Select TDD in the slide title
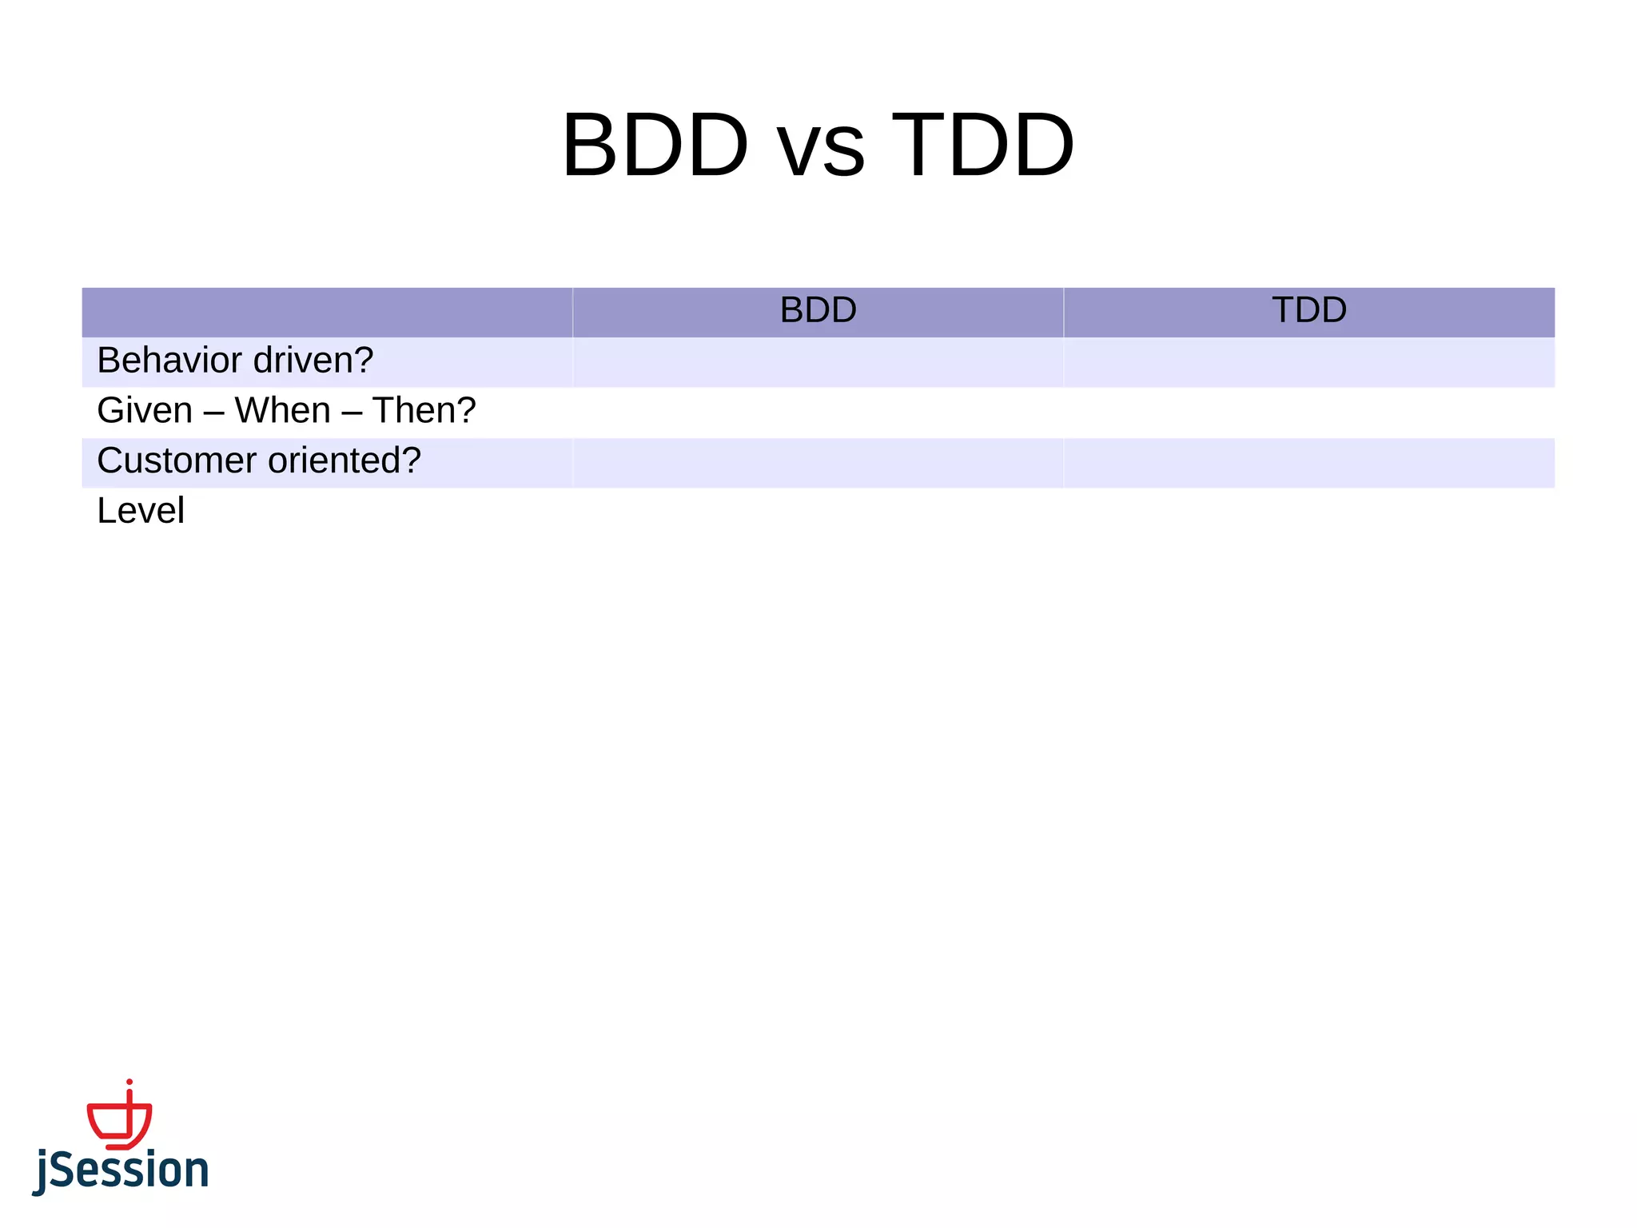click(982, 146)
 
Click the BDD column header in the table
click(818, 310)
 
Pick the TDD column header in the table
click(1308, 310)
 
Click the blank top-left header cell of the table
click(327, 312)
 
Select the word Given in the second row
click(145, 411)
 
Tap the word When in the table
click(282, 411)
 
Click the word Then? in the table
click(424, 411)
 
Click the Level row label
click(141, 512)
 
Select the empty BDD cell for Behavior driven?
click(818, 362)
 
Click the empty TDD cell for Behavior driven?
click(1308, 362)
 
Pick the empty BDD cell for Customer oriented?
click(818, 463)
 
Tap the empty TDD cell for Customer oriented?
click(1308, 463)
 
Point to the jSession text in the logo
click(121, 1170)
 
